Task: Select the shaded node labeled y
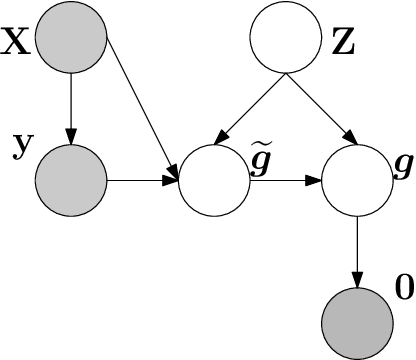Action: pos(70,180)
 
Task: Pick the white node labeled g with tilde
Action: pos(214,181)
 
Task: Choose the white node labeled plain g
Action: pos(357,181)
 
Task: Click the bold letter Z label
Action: pos(343,45)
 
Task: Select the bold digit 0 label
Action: pos(404,290)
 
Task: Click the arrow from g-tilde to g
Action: pos(285,181)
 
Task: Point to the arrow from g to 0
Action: pos(357,250)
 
